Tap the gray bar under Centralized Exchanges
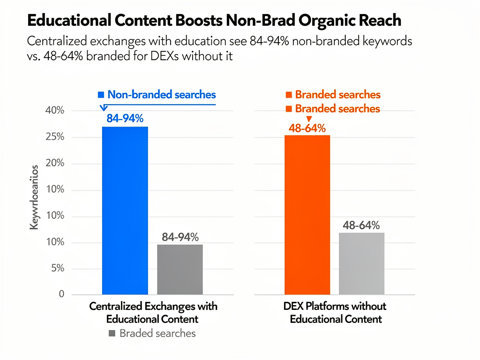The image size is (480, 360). [x=180, y=269]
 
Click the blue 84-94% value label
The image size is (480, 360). [x=125, y=119]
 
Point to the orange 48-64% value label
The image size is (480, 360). [x=307, y=128]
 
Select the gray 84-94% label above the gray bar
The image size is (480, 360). [x=180, y=237]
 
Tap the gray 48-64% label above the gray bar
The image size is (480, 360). [x=361, y=225]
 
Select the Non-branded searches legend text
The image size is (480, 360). [x=161, y=94]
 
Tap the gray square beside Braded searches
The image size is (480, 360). [x=112, y=334]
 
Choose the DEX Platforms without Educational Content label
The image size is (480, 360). [x=335, y=313]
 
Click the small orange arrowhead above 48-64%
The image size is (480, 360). [x=296, y=119]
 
